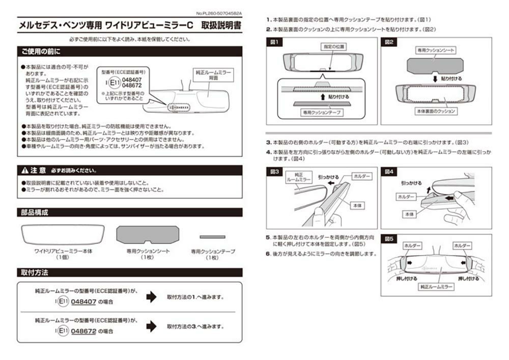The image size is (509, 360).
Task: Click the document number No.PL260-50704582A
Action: click(x=219, y=13)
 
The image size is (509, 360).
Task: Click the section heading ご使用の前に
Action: click(x=41, y=51)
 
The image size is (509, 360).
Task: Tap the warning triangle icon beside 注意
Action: click(x=24, y=170)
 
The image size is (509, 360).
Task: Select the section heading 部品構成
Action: click(x=35, y=212)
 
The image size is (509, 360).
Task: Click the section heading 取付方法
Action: click(x=35, y=272)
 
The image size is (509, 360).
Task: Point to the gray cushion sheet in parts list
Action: click(x=147, y=235)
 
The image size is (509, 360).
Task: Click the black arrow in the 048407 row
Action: click(x=151, y=297)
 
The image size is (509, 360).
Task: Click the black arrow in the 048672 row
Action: click(x=151, y=326)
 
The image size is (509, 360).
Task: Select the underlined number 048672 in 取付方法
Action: click(x=83, y=331)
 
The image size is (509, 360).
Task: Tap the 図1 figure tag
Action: click(x=274, y=43)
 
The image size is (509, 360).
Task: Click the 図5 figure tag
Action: click(x=389, y=238)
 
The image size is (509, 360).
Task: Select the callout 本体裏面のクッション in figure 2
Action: click(x=436, y=112)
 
